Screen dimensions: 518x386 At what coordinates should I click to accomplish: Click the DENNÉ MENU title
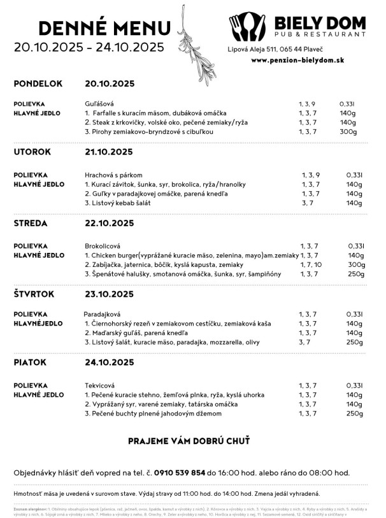pyautogui.click(x=104, y=27)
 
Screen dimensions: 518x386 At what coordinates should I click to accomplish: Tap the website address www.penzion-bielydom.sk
pyautogui.click(x=298, y=60)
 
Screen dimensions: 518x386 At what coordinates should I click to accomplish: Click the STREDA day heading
pyautogui.click(x=32, y=222)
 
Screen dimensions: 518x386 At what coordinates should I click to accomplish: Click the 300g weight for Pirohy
pyautogui.click(x=348, y=132)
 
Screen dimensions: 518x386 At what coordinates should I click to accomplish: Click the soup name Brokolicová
pyautogui.click(x=103, y=245)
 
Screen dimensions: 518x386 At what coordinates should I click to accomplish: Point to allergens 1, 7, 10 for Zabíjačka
pyautogui.click(x=310, y=264)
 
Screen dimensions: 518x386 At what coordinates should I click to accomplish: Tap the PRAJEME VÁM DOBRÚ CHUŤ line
pyautogui.click(x=189, y=441)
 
